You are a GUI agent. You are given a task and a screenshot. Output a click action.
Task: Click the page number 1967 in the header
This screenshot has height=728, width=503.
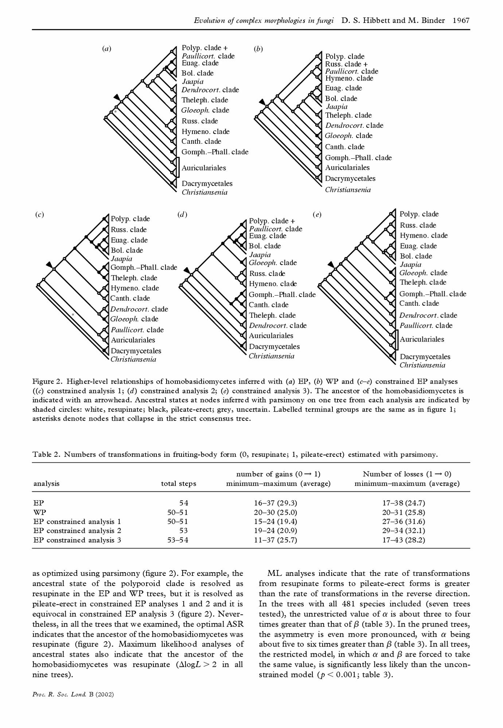461,20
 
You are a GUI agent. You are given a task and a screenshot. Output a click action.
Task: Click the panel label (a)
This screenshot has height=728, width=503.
106,48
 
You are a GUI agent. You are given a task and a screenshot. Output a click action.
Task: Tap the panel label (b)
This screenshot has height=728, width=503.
258,49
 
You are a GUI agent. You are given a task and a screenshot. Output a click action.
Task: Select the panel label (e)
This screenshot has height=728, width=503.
317,214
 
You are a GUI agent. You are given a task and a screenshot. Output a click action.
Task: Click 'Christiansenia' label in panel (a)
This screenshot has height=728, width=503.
204,193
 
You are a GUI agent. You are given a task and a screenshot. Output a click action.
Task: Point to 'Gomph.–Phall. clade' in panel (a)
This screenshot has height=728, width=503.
215,152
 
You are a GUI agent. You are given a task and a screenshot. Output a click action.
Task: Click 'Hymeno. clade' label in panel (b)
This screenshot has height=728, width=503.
349,78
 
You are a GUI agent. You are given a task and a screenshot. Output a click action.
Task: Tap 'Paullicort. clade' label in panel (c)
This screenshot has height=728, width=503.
137,330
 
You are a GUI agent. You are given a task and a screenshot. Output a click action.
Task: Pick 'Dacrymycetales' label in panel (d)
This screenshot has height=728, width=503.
274,347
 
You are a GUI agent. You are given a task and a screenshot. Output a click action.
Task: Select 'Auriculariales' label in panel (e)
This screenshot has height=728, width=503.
422,339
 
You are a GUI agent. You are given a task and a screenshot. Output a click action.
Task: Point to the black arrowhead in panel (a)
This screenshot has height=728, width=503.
117,97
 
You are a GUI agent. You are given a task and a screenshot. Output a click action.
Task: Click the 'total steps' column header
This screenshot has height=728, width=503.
179,483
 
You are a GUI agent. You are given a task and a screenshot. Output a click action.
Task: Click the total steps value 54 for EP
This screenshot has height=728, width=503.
184,503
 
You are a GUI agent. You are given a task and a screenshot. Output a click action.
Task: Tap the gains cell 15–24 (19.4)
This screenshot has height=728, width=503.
275,522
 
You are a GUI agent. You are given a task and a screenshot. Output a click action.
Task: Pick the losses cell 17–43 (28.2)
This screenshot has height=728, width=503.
403,540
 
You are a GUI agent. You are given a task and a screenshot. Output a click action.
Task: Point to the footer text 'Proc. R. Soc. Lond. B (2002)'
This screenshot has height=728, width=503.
73,694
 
